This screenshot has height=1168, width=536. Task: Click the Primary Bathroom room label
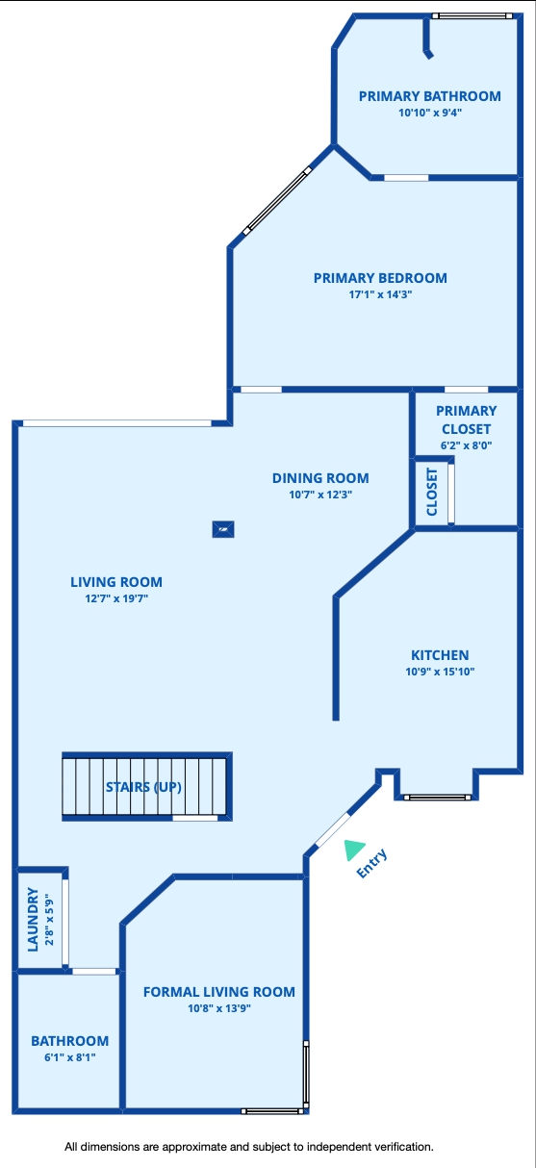tap(429, 96)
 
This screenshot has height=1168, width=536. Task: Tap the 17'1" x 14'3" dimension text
tap(380, 294)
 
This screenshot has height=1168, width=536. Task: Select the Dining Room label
tap(320, 478)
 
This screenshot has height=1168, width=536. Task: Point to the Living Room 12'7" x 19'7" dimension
tap(116, 598)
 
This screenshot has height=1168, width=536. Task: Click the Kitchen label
tap(440, 655)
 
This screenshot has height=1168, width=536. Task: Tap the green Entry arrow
tap(353, 849)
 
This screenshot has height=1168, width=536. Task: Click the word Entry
tap(371, 864)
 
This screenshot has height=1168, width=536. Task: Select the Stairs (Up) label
tap(143, 787)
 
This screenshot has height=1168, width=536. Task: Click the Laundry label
tap(33, 919)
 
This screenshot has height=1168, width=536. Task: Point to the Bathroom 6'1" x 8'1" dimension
tap(70, 1057)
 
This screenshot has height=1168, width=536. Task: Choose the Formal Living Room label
tap(219, 992)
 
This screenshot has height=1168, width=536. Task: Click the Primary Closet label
tap(466, 419)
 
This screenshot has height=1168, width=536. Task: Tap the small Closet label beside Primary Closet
tap(432, 492)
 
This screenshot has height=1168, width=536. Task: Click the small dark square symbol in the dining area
tap(223, 529)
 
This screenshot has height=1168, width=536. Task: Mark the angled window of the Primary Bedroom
tap(277, 200)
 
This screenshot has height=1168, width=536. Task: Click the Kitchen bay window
tap(437, 798)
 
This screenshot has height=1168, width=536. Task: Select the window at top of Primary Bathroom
tap(472, 16)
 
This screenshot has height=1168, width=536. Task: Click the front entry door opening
tap(333, 829)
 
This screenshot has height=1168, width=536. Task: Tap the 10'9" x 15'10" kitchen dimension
tap(440, 672)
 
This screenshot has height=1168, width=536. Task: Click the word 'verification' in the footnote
tap(401, 1147)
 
